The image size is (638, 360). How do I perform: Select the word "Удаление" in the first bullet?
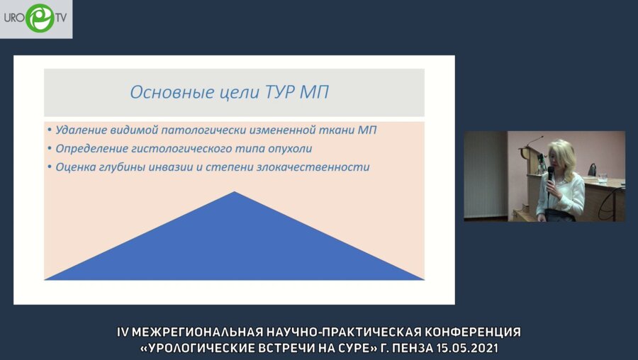[x=80, y=130]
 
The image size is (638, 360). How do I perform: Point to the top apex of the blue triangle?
[x=234, y=193]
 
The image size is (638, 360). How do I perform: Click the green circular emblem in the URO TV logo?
[x=39, y=18]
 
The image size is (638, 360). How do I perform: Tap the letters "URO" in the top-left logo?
[x=14, y=18]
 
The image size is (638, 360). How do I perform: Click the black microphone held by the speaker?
[x=550, y=173]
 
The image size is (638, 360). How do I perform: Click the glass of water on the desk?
[x=602, y=178]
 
